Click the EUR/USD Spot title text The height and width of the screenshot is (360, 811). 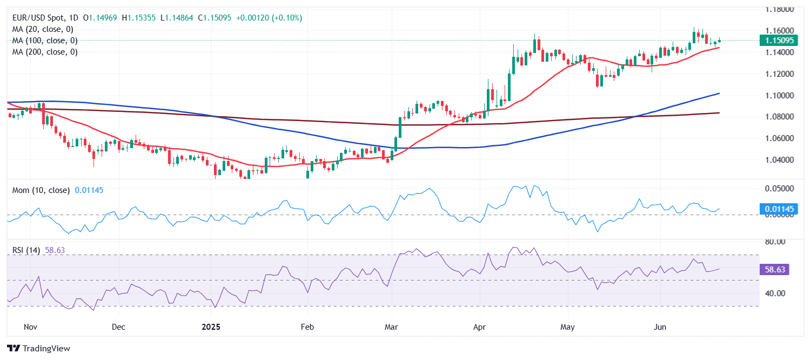tap(44, 18)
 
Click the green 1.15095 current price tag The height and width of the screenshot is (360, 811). tap(775, 41)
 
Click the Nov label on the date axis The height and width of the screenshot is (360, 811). tap(30, 327)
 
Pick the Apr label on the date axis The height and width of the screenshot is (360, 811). tap(479, 327)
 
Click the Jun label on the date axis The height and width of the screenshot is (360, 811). tap(660, 327)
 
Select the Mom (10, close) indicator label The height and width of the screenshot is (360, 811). tap(41, 190)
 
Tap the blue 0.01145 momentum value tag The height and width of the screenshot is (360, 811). tap(775, 209)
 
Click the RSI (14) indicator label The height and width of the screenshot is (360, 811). tap(26, 250)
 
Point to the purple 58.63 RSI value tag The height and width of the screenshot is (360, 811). tap(775, 269)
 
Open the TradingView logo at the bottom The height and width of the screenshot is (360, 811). tap(38, 349)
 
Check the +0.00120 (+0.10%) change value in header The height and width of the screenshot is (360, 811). tap(269, 18)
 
